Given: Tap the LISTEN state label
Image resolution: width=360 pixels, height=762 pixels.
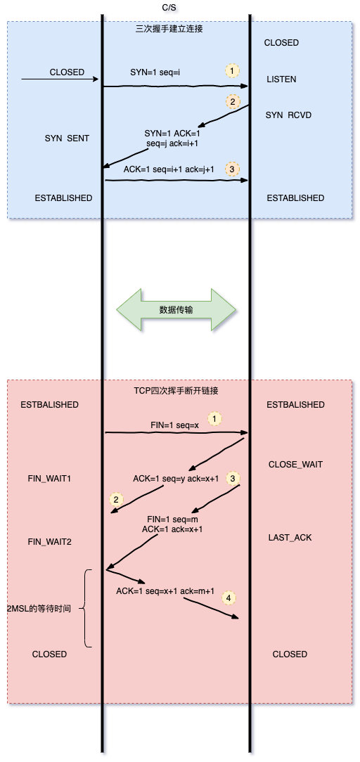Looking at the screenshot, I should [281, 79].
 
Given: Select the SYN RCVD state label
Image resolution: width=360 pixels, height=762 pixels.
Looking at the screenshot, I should [288, 115].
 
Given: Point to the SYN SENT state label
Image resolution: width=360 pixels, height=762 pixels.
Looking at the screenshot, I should [67, 138].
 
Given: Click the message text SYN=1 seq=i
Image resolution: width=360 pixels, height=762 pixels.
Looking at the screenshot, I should [155, 72].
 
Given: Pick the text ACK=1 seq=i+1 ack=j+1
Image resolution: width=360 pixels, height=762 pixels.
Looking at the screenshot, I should [169, 169].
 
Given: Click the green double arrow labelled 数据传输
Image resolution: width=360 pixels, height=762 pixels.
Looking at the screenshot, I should [176, 309].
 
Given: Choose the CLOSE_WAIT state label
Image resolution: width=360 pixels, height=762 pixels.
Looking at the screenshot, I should [295, 465].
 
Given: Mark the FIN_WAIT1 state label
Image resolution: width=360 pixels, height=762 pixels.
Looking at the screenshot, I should [50, 479].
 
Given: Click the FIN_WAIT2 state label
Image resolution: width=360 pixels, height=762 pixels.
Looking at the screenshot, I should [50, 542].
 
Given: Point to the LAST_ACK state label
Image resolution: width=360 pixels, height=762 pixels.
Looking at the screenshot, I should [290, 537].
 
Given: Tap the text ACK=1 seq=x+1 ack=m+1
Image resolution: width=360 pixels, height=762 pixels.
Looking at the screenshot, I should [165, 591].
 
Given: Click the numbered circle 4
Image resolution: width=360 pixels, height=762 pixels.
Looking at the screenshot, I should [228, 598].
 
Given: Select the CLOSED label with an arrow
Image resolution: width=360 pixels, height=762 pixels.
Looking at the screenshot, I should [67, 72].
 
